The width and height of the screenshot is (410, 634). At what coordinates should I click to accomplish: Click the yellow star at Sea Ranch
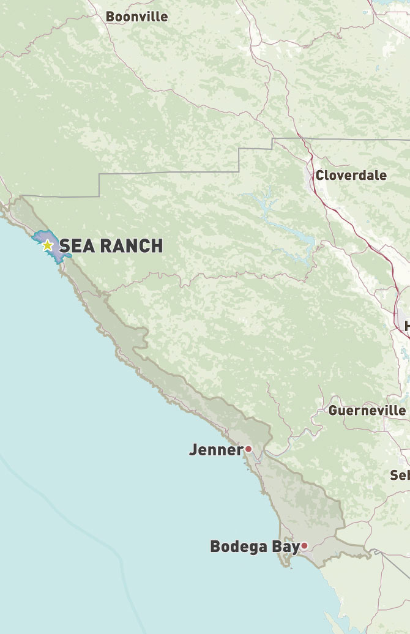coord(47,245)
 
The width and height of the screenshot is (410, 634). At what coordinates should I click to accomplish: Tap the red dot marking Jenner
coord(248,449)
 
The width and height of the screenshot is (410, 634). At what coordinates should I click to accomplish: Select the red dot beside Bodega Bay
coord(304,546)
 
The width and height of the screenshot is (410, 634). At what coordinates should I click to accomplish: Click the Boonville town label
coord(136,17)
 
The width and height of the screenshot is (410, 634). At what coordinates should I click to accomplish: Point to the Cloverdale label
coord(351,176)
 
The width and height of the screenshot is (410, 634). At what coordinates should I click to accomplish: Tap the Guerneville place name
coord(367,411)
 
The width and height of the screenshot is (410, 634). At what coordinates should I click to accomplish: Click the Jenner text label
coord(216,450)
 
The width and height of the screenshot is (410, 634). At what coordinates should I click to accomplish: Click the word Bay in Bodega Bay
coord(286,546)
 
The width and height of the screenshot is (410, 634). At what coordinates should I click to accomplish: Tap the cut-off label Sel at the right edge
coord(400,475)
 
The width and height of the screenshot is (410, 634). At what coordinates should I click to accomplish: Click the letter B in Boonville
coord(111,17)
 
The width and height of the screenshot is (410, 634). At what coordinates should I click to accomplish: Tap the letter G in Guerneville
coord(334,411)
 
